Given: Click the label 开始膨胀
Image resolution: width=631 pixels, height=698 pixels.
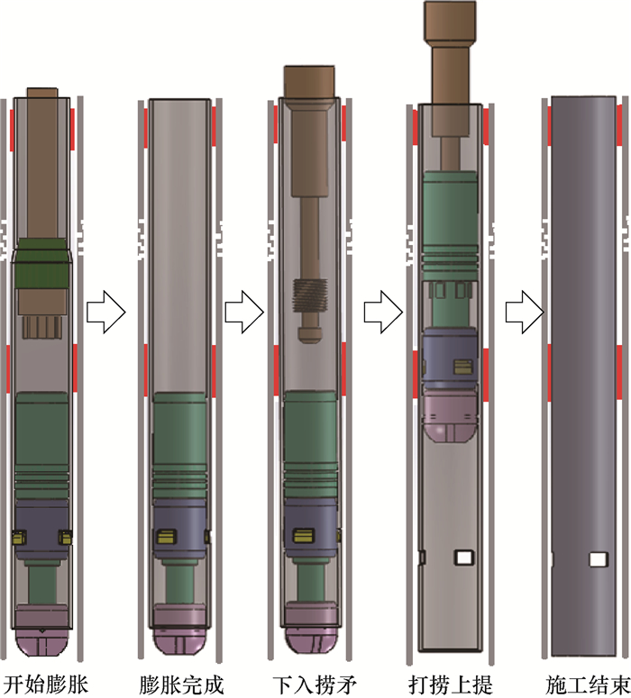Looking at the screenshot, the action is coord(45,684).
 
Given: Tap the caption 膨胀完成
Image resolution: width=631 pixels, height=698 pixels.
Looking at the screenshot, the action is coord(181,684).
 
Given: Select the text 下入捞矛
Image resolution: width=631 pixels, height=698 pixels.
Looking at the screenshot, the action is coord(315,684).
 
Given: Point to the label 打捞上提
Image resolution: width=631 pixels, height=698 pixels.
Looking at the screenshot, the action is coord(451,684).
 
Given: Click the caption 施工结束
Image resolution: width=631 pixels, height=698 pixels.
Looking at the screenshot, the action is coord(588,684).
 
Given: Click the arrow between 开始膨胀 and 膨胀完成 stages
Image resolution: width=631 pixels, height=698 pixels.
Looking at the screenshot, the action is coord(106,312).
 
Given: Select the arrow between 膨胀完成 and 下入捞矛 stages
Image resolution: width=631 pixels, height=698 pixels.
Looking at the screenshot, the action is coord(244,312).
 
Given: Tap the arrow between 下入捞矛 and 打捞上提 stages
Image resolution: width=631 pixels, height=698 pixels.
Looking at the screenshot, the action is coord(384,312).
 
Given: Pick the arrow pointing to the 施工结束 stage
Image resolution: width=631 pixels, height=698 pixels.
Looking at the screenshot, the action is coord(525,313).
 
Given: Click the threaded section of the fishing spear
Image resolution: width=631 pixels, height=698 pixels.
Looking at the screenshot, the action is coord(310,295).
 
